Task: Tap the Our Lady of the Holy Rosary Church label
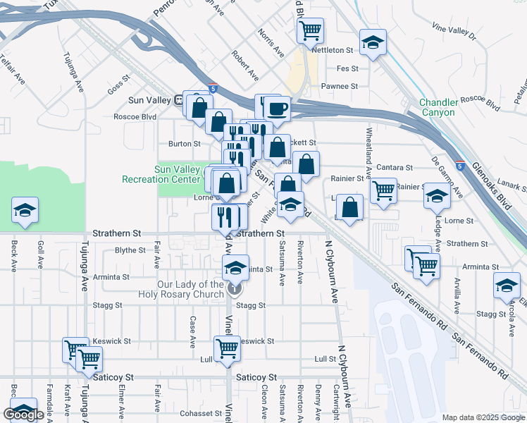tap(190, 289)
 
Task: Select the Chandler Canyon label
tap(438, 107)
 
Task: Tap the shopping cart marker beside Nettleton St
tap(310, 31)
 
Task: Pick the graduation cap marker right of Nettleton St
tap(373, 42)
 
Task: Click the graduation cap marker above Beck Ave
tap(25, 210)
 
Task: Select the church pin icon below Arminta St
tap(235, 288)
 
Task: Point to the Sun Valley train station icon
tap(180, 100)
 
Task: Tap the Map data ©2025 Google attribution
tap(483, 417)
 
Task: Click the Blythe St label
tap(130, 250)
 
